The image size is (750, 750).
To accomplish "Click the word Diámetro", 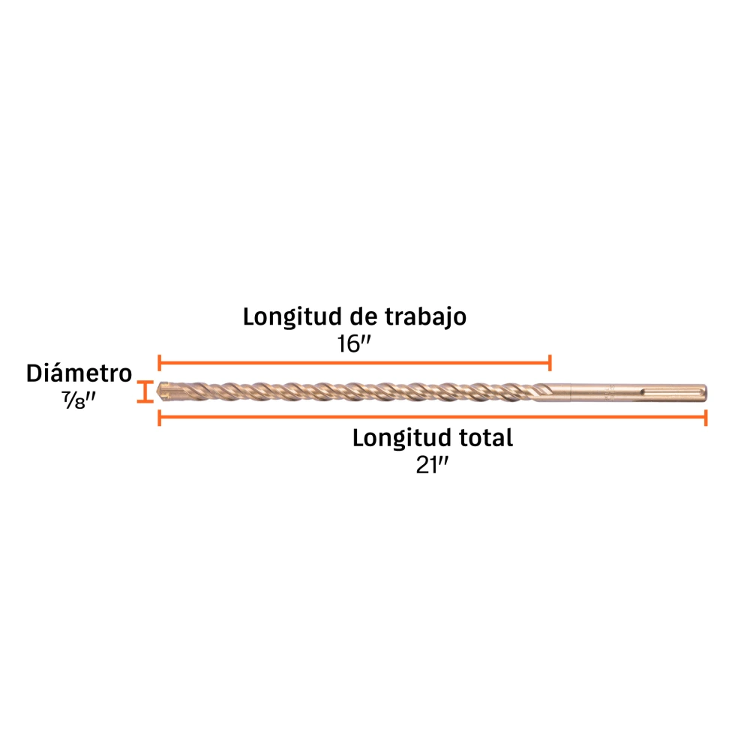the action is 79,373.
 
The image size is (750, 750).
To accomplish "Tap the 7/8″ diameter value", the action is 79,400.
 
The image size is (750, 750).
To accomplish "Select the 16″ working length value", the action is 354,344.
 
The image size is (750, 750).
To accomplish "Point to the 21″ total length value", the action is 432,465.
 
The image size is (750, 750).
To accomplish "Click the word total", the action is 486,438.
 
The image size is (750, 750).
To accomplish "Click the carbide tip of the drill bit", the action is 163,391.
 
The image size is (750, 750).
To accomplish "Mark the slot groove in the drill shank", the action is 671,393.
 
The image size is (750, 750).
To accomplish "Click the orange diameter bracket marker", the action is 145,391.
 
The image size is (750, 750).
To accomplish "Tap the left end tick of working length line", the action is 159,363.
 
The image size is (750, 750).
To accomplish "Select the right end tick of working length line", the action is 550,363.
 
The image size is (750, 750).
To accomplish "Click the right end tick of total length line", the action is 706,418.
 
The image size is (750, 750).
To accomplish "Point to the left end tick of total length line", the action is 159,418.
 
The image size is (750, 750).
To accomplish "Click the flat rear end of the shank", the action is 706,393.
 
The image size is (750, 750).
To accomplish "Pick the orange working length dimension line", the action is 355,363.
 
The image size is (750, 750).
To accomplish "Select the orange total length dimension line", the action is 433,418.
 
